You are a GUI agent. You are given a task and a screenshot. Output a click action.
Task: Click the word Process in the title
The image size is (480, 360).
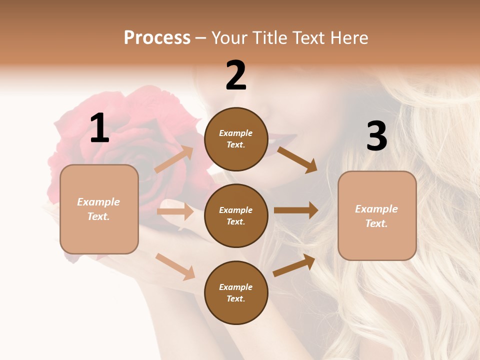coord(157,37)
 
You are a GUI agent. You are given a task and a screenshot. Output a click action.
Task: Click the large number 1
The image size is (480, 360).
coord(99,128)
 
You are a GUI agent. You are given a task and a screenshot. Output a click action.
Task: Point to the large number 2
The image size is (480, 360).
coord(236,75)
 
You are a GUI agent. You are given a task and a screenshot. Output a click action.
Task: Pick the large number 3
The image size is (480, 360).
coord(376,136)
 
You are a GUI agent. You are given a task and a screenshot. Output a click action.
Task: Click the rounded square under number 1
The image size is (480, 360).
coord(99,209)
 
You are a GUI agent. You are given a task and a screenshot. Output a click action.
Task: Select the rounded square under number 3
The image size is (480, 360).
coord(377,216)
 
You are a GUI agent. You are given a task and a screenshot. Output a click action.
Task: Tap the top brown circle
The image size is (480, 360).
coord(236,139)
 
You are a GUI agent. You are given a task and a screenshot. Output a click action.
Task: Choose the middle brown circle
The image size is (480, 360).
coord(236,216)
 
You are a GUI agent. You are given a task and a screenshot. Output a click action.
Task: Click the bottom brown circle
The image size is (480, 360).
coord(236,293)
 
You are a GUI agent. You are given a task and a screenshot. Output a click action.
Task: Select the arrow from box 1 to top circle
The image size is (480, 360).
coord(174,159)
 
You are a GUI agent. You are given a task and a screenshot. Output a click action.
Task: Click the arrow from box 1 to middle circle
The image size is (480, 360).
coord(175,211)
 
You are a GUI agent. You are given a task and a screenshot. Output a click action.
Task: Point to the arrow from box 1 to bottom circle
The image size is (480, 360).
coord(175,266)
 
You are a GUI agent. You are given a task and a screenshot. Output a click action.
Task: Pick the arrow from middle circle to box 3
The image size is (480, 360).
coord(296,210)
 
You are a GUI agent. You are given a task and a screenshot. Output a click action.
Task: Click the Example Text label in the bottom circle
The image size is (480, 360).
coord(236,293)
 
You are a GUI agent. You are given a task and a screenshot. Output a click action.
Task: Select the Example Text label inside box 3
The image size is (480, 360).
coord(377,216)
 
